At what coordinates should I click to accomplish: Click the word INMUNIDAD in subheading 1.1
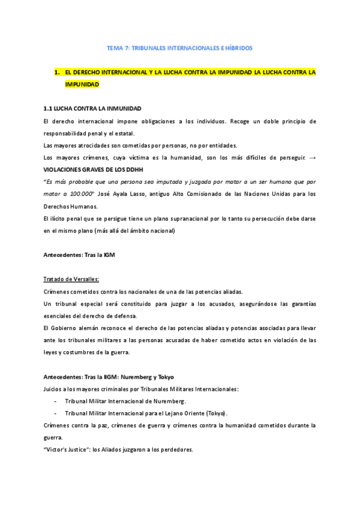(122, 109)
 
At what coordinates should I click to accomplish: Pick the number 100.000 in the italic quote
(80, 194)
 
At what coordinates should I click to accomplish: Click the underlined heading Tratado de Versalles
(71, 279)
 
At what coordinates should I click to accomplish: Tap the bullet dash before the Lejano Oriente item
(56, 414)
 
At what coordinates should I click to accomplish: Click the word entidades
(219, 145)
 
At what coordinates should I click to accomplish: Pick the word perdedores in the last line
(176, 450)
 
